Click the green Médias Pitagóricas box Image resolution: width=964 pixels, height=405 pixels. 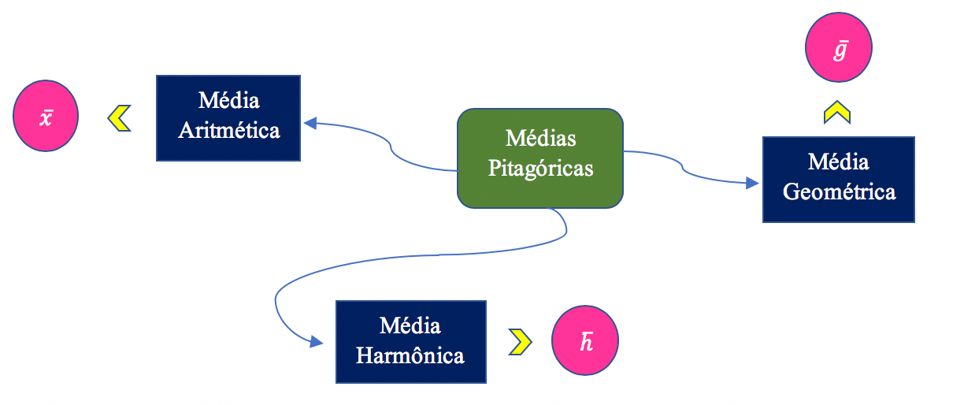pyautogui.click(x=540, y=158)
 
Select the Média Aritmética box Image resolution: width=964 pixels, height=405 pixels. pyautogui.click(x=228, y=117)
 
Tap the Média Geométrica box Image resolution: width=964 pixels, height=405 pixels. pyautogui.click(x=838, y=179)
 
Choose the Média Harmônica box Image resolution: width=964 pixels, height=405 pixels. pyautogui.click(x=410, y=341)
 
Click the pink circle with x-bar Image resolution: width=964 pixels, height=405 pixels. pyautogui.click(x=46, y=117)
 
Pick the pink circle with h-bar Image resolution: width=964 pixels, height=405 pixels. pyautogui.click(x=585, y=340)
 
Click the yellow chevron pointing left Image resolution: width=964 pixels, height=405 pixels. pyautogui.click(x=119, y=118)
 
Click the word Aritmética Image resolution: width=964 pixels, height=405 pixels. pyautogui.click(x=228, y=130)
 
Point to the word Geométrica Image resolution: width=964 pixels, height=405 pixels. pyautogui.click(x=839, y=191)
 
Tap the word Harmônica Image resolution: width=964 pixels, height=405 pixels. pyautogui.click(x=410, y=355)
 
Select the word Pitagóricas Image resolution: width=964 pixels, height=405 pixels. pyautogui.click(x=540, y=168)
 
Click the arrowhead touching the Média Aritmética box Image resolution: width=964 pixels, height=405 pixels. pyautogui.click(x=310, y=123)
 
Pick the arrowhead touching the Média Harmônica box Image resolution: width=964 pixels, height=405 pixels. pyautogui.click(x=317, y=341)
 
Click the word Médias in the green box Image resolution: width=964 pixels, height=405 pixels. pyautogui.click(x=540, y=139)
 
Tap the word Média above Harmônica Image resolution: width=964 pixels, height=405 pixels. pyautogui.click(x=410, y=326)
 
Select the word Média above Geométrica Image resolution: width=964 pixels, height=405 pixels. pyautogui.click(x=838, y=162)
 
